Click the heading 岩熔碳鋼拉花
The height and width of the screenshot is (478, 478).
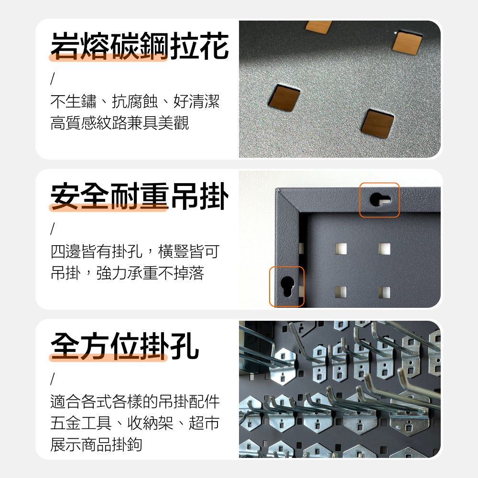click(x=140, y=46)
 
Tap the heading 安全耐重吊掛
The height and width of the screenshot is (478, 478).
click(x=140, y=196)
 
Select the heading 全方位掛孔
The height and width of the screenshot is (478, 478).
click(x=125, y=346)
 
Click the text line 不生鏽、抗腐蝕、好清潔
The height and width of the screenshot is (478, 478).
click(x=135, y=101)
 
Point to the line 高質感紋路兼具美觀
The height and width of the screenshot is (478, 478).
click(x=119, y=122)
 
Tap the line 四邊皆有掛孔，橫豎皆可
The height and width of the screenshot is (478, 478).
click(x=135, y=251)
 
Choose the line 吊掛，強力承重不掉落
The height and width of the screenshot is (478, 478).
click(x=127, y=273)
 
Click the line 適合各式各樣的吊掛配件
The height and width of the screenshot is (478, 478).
click(x=135, y=402)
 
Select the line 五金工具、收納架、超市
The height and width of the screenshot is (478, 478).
click(x=135, y=423)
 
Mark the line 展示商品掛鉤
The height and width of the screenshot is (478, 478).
click(x=97, y=445)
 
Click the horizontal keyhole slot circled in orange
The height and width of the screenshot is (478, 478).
click(x=380, y=200)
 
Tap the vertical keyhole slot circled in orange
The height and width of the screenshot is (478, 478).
click(x=287, y=286)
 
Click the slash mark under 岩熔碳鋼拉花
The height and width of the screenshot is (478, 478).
click(x=53, y=79)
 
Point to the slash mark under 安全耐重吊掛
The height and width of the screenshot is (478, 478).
click(x=53, y=229)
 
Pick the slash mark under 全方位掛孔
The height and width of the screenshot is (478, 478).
click(x=53, y=379)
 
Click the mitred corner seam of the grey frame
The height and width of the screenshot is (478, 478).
click(x=287, y=201)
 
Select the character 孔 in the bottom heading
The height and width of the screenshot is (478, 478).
click(x=185, y=346)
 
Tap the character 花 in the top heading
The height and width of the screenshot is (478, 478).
click(x=215, y=46)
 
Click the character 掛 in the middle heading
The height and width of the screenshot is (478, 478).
click(x=215, y=196)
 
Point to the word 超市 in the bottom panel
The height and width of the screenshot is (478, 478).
click(x=204, y=423)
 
